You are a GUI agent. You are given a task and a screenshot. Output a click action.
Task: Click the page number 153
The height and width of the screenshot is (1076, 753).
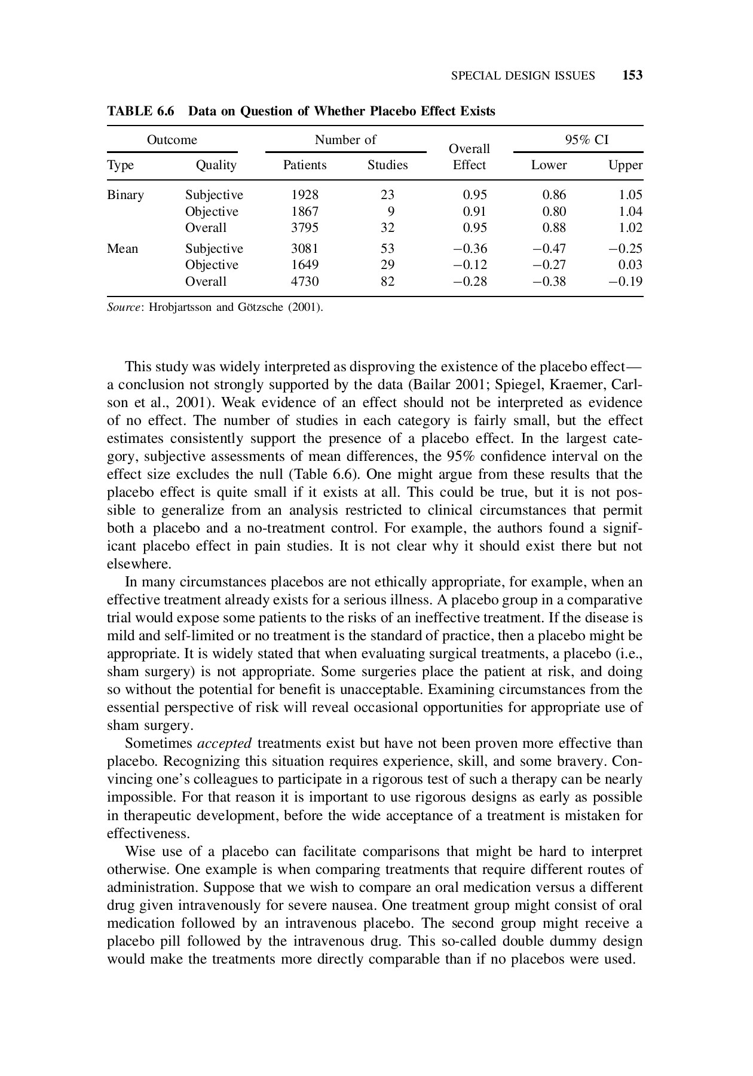tap(632, 75)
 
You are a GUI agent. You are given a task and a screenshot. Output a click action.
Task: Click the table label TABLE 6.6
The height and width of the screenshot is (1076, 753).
tap(140, 111)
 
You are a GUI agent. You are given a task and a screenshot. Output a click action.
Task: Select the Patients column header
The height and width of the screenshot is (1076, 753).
tap(305, 165)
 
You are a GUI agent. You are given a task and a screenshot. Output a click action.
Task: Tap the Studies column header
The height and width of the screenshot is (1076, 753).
tap(387, 165)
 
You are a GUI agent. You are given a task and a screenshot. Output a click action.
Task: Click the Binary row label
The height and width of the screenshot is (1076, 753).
tap(125, 195)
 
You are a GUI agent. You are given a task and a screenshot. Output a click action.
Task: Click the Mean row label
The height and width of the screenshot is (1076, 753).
tap(123, 249)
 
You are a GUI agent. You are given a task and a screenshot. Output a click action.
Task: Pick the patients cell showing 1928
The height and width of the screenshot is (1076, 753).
tap(305, 195)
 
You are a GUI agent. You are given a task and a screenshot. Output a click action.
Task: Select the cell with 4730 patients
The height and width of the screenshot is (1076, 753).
tap(305, 281)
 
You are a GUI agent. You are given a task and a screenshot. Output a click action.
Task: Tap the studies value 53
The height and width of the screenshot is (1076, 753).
tap(387, 249)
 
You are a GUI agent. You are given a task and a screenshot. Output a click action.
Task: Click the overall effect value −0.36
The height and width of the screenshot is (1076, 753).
tap(470, 249)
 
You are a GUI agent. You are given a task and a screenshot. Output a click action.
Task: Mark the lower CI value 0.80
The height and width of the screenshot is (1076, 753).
tap(554, 212)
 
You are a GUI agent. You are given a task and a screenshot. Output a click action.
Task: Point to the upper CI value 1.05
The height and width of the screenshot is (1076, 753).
tap(630, 195)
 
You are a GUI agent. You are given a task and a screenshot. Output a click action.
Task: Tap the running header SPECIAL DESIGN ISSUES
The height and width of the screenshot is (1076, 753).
tap(523, 76)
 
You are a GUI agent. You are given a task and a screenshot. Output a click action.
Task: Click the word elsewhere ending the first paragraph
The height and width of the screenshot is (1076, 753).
tap(139, 564)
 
